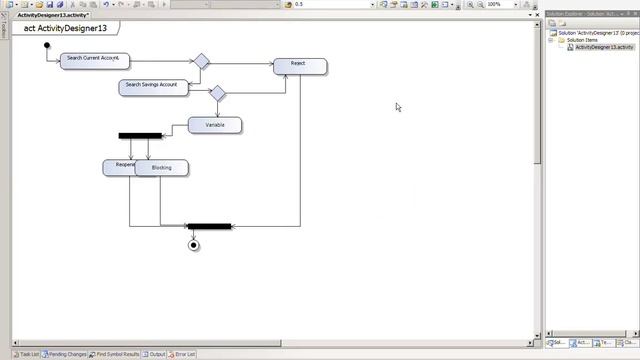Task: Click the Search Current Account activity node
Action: pos(93,59)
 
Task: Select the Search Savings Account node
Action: pos(152,85)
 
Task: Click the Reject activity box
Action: pos(299,64)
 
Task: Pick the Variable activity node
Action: pos(215,125)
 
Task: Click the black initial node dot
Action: pos(46,45)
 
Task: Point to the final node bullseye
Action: pos(194,245)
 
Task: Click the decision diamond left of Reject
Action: pos(201,61)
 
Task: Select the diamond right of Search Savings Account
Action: pos(217,94)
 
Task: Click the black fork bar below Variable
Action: pos(139,136)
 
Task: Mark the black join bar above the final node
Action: pos(209,227)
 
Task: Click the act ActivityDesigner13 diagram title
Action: pos(65,29)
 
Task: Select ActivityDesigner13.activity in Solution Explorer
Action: pos(604,47)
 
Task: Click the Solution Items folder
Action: pos(582,40)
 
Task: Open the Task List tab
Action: pos(26,354)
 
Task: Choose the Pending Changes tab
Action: pos(66,354)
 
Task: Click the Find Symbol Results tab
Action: pos(116,354)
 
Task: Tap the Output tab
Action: pos(156,354)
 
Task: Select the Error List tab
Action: pos(184,354)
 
